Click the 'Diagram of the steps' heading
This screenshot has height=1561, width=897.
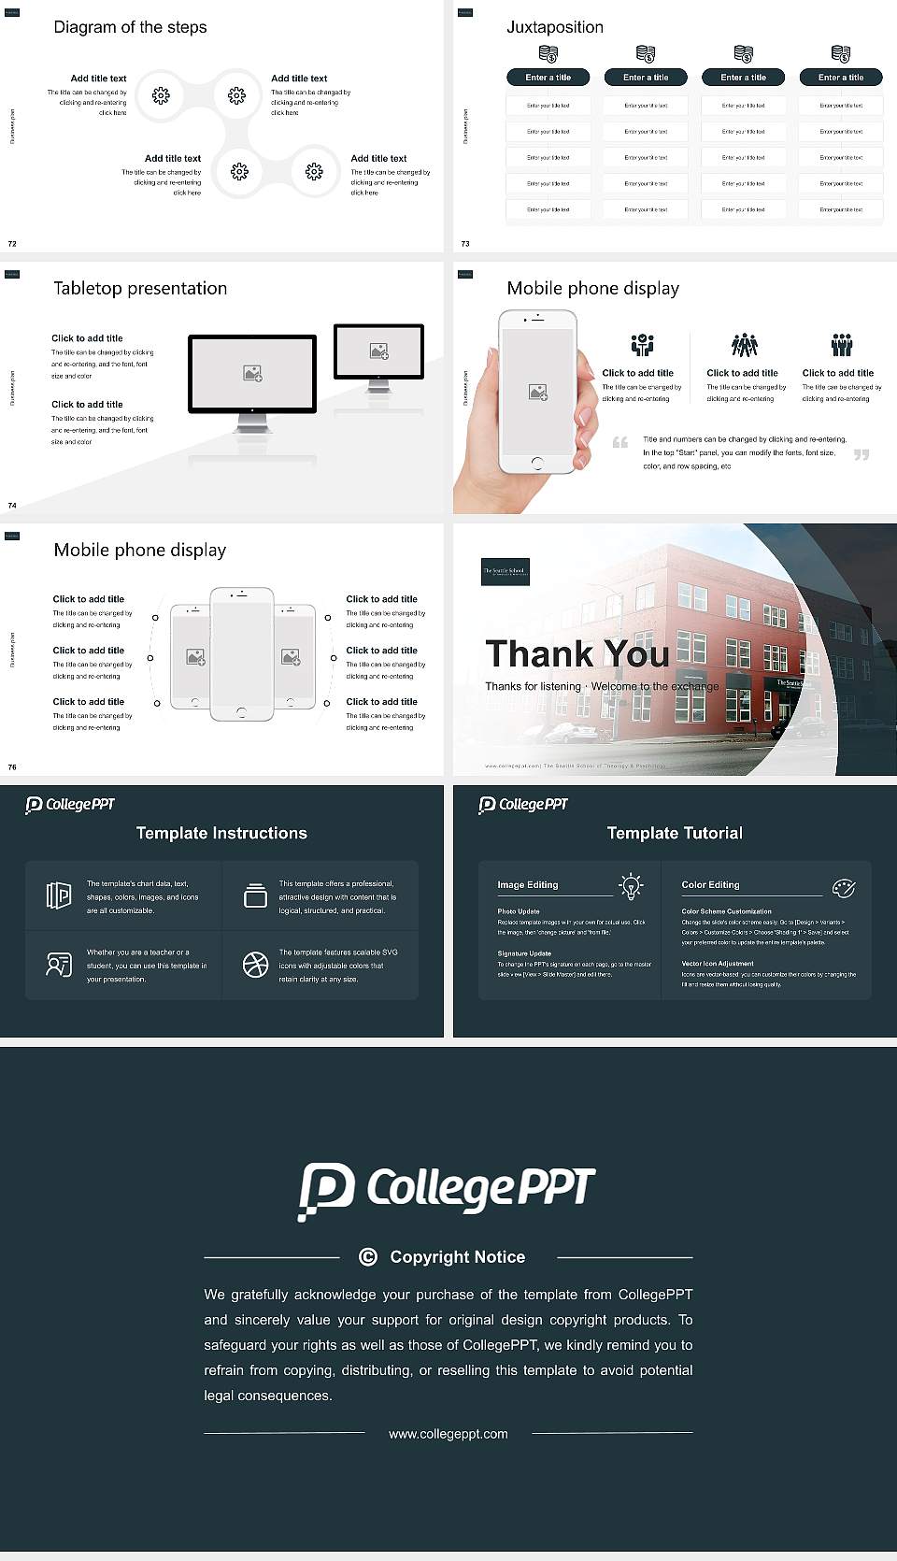(x=130, y=27)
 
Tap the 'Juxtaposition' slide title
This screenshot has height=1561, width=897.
(x=554, y=27)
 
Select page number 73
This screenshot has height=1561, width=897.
(x=465, y=244)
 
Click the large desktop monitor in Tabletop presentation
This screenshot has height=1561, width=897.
(x=252, y=374)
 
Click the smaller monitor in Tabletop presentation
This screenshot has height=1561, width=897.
(x=378, y=351)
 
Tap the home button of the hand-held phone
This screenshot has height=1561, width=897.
(x=536, y=463)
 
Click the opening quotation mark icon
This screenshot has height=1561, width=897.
(x=619, y=442)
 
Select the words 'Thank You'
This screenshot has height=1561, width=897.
(x=577, y=653)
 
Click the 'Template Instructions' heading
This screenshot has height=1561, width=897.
(x=221, y=833)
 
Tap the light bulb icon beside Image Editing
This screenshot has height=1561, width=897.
(x=631, y=886)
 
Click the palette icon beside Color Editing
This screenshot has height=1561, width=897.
(x=844, y=887)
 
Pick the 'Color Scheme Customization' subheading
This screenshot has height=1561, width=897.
(x=726, y=910)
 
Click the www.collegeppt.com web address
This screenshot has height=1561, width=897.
(x=448, y=1434)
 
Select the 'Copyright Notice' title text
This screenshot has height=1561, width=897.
(x=457, y=1257)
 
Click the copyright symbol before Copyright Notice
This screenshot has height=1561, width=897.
(x=368, y=1257)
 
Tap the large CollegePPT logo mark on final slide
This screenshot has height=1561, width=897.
(x=326, y=1191)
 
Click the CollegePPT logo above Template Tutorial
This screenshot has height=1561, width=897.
(x=523, y=804)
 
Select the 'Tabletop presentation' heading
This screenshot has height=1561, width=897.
(x=140, y=289)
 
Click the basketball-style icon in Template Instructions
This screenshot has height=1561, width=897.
(x=255, y=965)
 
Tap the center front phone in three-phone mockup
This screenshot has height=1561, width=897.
(x=241, y=654)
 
